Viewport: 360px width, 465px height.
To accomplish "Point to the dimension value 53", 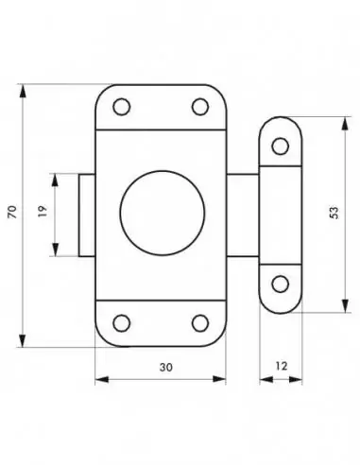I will (x=333, y=215).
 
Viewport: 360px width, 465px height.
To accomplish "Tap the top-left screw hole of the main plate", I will (x=121, y=106).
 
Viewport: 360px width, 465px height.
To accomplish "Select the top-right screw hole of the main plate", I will (x=199, y=106).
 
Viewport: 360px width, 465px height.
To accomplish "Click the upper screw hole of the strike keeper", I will (x=281, y=146).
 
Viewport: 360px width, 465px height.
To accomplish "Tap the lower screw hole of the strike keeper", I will (x=281, y=284).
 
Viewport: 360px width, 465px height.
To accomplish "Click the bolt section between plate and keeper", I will (x=243, y=215).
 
